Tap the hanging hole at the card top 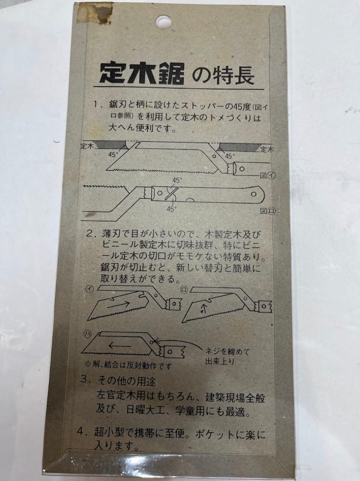(163, 22)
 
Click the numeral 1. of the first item (97, 105)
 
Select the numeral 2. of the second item (92, 234)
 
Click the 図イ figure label (267, 176)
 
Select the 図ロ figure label (268, 211)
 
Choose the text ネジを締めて (227, 352)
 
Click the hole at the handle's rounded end (253, 194)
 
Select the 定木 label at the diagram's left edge (87, 146)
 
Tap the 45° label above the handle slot (177, 180)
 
